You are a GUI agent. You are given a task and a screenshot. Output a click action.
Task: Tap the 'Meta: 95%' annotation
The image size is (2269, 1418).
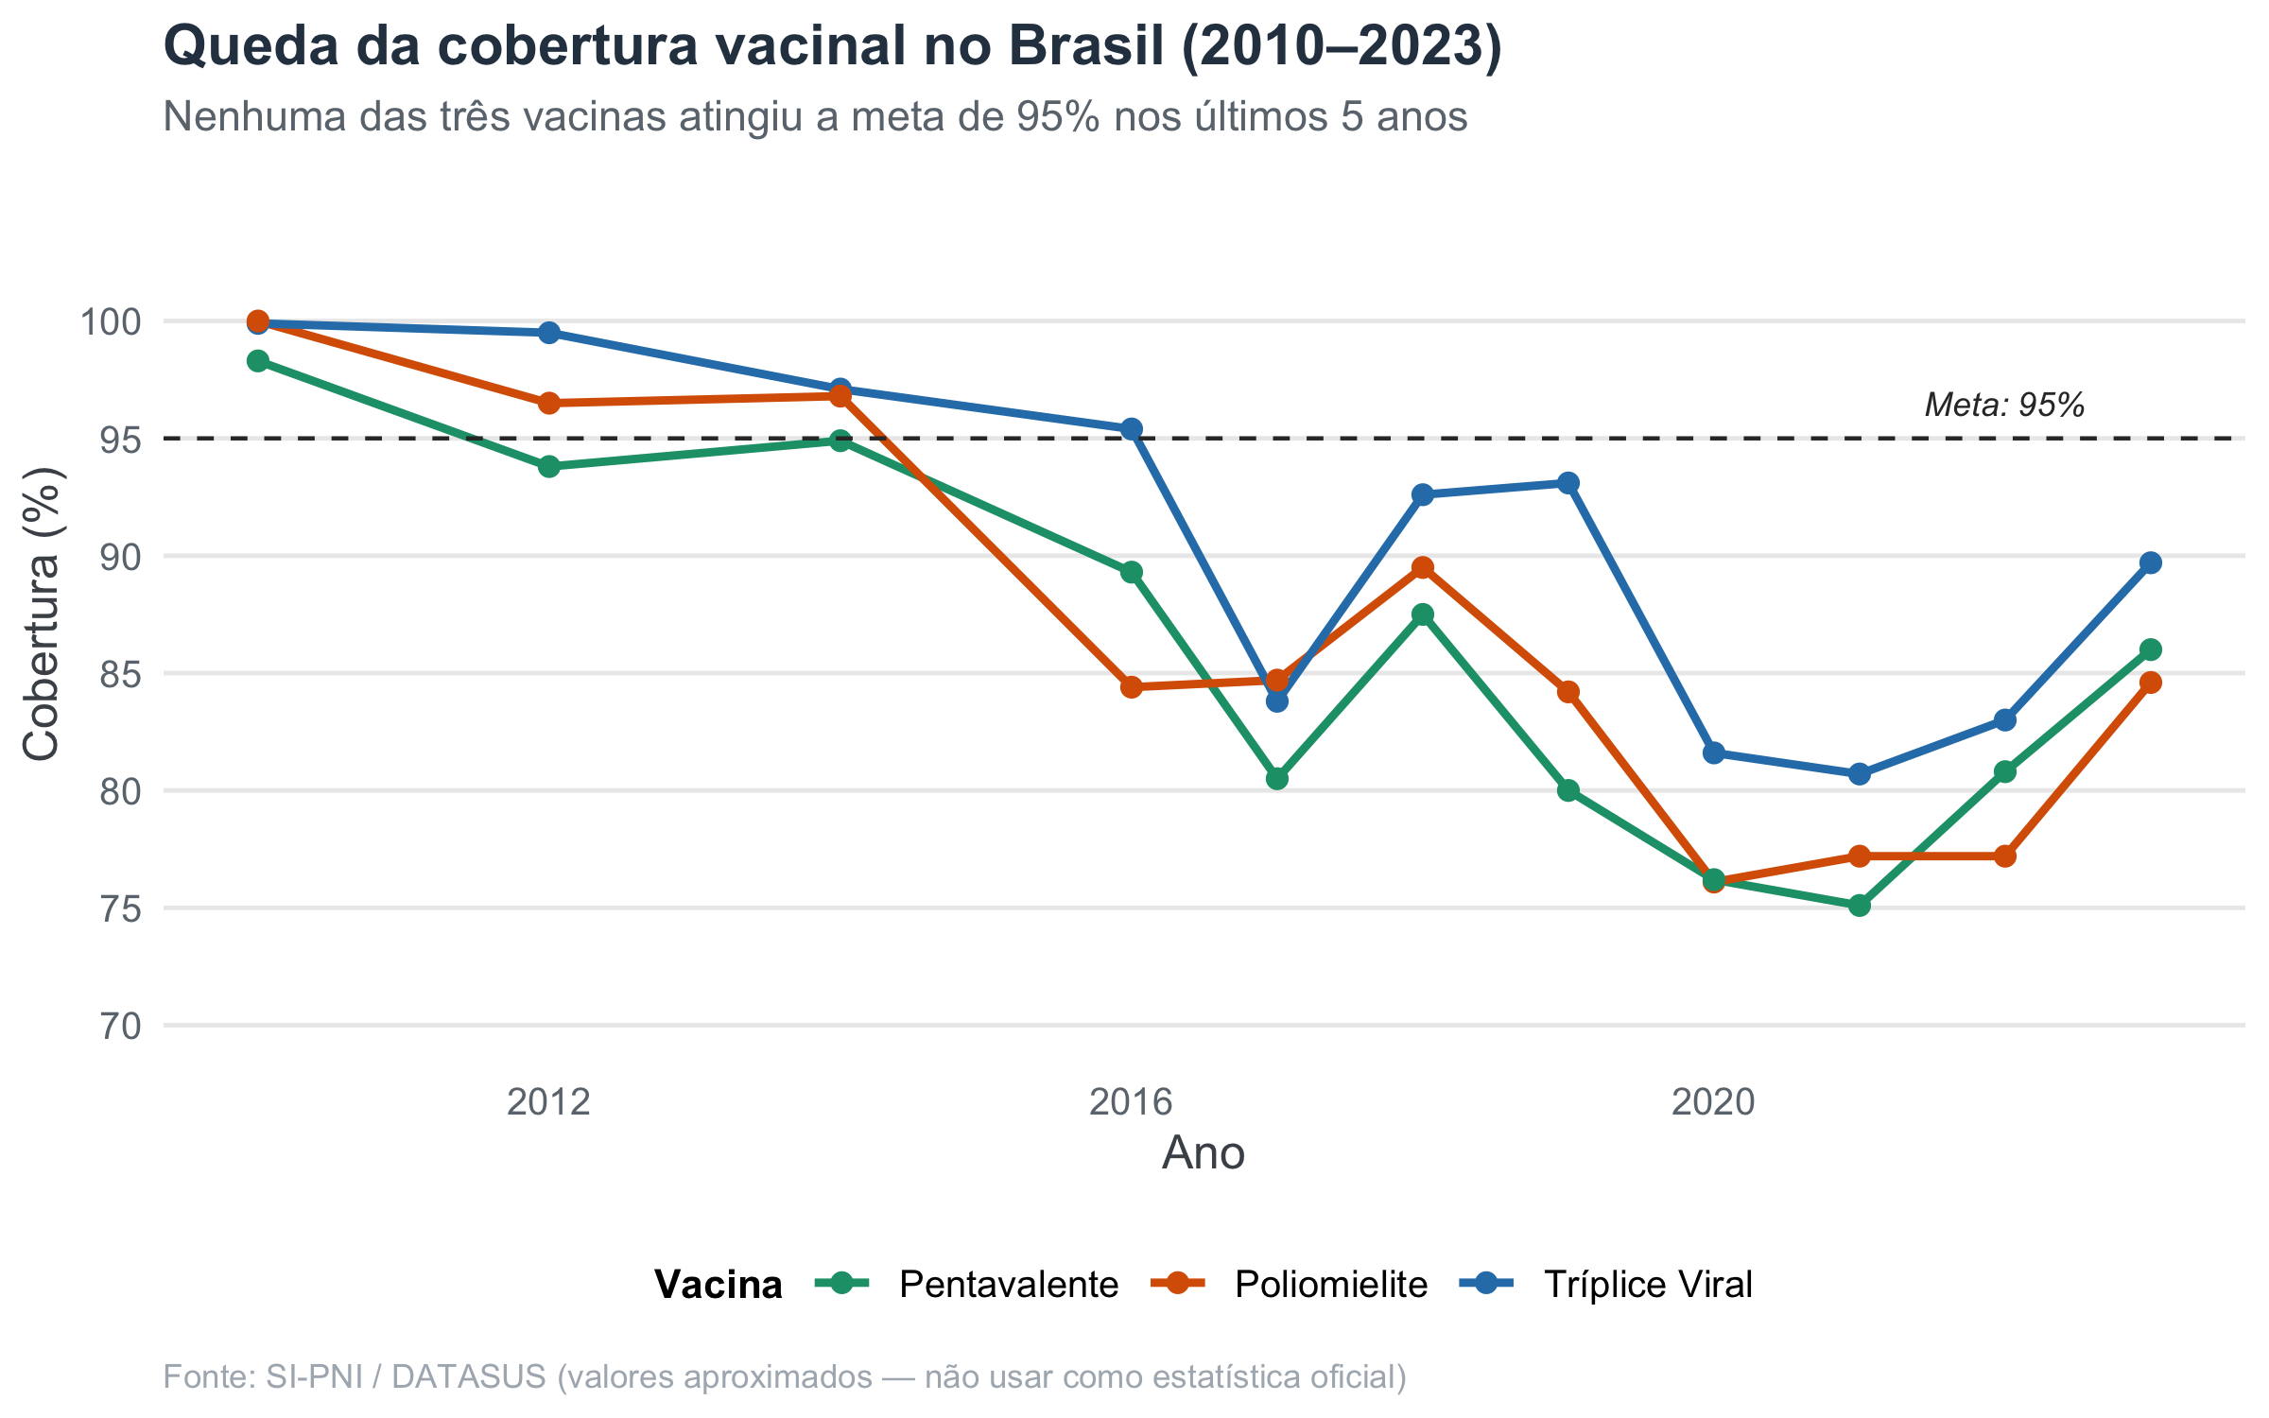[2004, 406]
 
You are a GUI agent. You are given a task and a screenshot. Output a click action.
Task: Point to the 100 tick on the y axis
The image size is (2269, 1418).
[111, 321]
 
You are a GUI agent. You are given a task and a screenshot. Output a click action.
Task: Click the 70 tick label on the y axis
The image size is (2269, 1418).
[120, 1026]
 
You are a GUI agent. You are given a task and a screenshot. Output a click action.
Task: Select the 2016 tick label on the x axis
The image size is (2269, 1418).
[1131, 1102]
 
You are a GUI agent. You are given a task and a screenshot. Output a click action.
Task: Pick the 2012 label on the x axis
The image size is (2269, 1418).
[548, 1102]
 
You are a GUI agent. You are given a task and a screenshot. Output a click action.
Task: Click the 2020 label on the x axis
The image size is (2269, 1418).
[1713, 1102]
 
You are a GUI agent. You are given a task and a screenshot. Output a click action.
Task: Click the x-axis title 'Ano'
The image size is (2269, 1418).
[1204, 1153]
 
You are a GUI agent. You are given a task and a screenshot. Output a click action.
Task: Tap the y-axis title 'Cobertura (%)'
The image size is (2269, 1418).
[42, 614]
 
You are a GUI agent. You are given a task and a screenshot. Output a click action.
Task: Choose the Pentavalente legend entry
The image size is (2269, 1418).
[966, 1284]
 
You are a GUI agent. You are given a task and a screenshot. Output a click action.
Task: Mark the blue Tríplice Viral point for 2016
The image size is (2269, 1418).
[1131, 429]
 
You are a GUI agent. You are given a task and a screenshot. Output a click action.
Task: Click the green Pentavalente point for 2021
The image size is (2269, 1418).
[1859, 906]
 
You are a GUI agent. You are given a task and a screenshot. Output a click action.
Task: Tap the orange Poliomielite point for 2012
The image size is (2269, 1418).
[548, 404]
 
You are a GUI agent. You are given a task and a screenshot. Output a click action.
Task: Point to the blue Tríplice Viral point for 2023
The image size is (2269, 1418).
[2150, 563]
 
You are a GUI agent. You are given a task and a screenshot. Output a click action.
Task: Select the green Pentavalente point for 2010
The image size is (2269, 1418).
[258, 361]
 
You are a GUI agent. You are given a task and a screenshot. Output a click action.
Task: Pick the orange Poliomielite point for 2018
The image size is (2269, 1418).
[1422, 568]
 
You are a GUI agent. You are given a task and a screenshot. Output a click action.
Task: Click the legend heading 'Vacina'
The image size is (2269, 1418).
[719, 1285]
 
